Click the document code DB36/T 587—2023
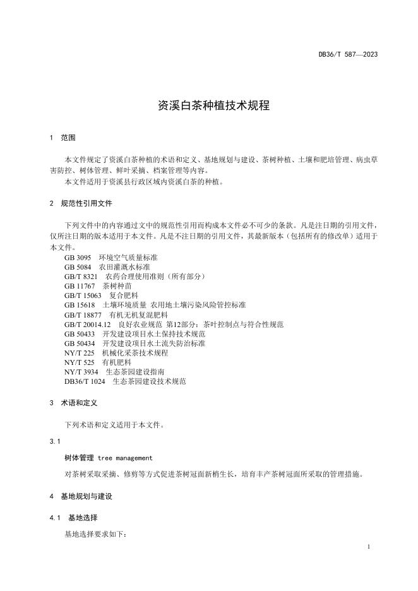(x=348, y=55)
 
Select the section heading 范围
(x=68, y=138)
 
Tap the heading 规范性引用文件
(x=87, y=204)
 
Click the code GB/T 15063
(x=83, y=295)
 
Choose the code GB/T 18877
(x=83, y=314)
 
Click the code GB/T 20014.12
(x=88, y=324)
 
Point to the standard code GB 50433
(x=80, y=333)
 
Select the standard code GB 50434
(x=80, y=343)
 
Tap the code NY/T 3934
(x=81, y=372)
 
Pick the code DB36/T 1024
(x=85, y=381)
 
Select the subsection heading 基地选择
(x=83, y=518)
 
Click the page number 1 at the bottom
(x=369, y=547)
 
